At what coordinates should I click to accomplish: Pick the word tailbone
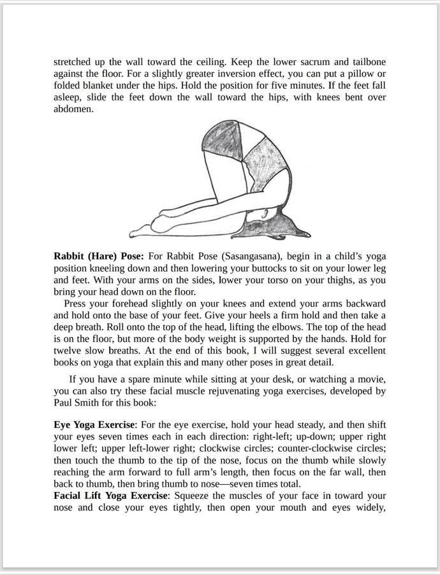coord(365,63)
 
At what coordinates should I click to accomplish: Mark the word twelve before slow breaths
coord(68,351)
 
